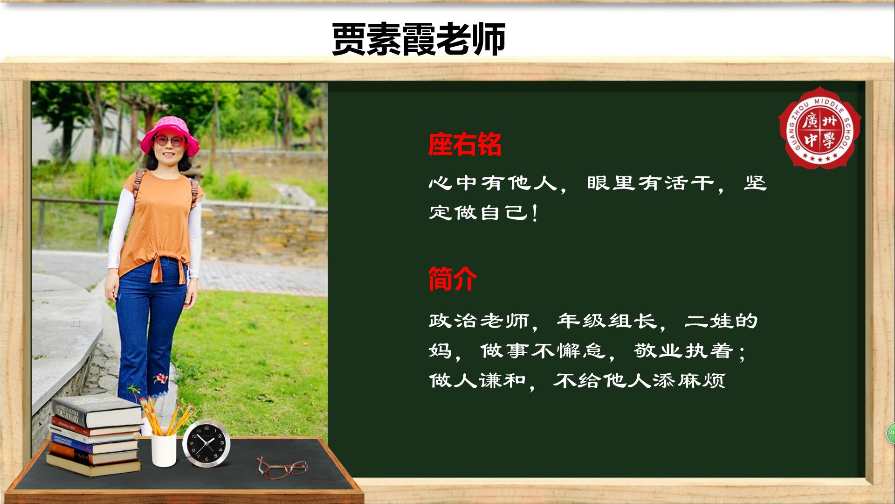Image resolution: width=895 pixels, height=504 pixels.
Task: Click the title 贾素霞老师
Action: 419,39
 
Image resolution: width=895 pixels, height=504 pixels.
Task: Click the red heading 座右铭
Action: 465,144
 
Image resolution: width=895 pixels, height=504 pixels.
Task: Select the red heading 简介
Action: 453,279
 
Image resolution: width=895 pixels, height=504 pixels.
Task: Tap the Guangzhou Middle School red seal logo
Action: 820,127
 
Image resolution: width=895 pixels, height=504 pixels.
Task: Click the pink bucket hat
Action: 170,135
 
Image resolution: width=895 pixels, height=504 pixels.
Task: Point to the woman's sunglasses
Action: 169,140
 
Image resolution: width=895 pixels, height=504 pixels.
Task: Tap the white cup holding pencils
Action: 164,450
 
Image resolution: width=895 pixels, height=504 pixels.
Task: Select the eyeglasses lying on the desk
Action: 282,467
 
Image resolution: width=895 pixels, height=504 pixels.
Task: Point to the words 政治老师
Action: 479,321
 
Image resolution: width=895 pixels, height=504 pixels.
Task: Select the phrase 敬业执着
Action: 683,350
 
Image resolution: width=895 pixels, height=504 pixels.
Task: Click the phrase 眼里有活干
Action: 651,183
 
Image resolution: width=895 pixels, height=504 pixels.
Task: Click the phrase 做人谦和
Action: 478,380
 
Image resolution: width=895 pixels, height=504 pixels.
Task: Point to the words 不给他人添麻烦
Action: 640,380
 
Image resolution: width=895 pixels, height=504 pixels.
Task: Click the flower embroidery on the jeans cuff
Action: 160,378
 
